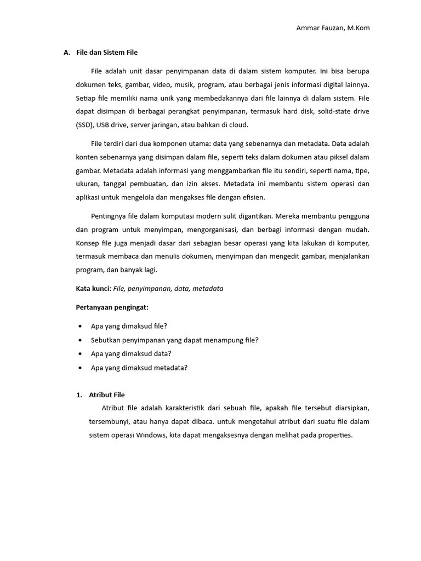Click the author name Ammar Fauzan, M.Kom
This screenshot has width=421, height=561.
[x=333, y=28]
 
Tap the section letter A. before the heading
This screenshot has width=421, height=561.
[x=67, y=53]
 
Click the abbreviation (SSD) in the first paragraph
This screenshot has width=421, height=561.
[x=84, y=124]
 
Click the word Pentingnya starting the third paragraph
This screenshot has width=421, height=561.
[x=107, y=216]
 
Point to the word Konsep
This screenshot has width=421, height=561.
[x=86, y=243]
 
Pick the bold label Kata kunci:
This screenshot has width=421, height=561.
[x=93, y=288]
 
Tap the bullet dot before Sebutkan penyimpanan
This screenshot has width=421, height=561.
[x=81, y=340]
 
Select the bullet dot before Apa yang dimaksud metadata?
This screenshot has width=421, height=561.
[x=81, y=368]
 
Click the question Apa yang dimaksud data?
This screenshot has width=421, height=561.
[x=131, y=353]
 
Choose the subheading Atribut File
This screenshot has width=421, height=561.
[x=107, y=394]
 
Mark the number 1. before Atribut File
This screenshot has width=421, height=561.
[x=79, y=394]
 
